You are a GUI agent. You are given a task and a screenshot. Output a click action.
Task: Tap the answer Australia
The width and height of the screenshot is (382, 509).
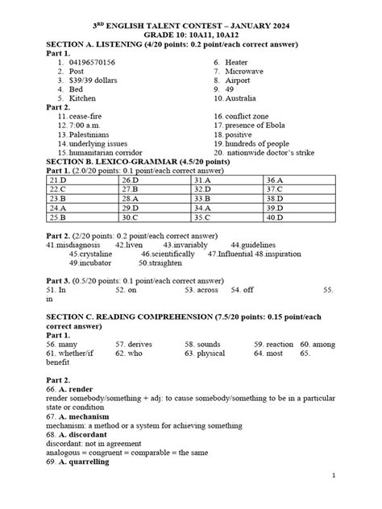pyautogui.click(x=249, y=98)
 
